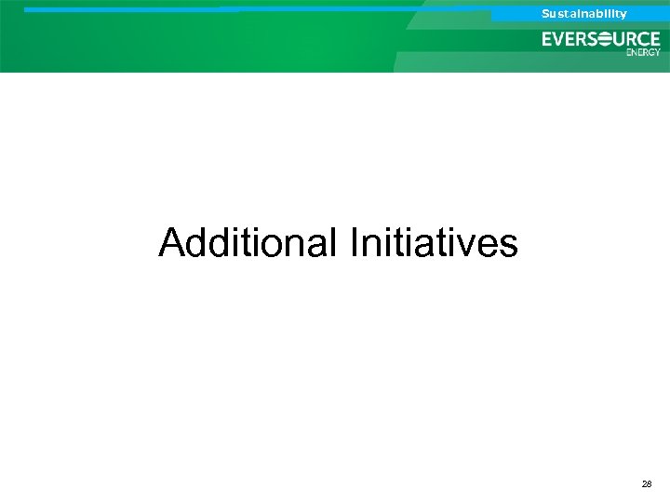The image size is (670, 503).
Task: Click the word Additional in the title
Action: [x=248, y=243]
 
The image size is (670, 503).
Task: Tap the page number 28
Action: [x=647, y=485]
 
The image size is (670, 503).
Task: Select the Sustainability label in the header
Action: [x=584, y=14]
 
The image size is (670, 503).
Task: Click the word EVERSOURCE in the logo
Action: [x=601, y=39]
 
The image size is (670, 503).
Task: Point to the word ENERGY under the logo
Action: [x=643, y=52]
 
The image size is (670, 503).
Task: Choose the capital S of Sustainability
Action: [x=546, y=14]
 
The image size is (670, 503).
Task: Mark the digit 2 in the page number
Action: [x=644, y=485]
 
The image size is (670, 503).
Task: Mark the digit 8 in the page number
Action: [x=650, y=485]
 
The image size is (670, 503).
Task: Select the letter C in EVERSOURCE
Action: [x=642, y=39]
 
